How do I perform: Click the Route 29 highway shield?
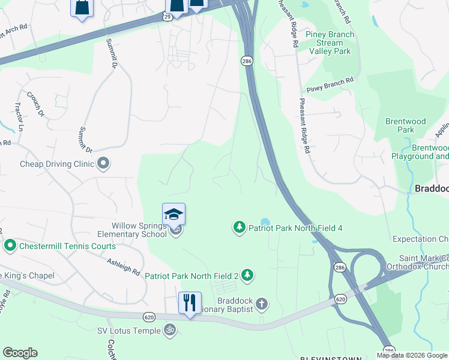coord(167,17)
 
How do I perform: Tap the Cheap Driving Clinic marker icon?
coord(103,163)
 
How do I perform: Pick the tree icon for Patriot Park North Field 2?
coord(247,275)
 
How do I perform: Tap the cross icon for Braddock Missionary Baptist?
coord(261,304)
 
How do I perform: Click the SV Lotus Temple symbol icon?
coord(169,330)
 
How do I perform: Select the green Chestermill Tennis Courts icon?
coord(10,245)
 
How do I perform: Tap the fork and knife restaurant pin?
coord(190,302)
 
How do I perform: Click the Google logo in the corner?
coord(20,353)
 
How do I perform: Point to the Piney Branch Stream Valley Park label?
coord(330,43)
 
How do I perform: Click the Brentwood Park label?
coord(406,125)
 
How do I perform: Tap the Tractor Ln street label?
coord(19,116)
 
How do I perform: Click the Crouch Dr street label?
coord(35,103)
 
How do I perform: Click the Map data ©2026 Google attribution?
coord(412,355)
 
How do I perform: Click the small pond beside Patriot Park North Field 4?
coord(265,222)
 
